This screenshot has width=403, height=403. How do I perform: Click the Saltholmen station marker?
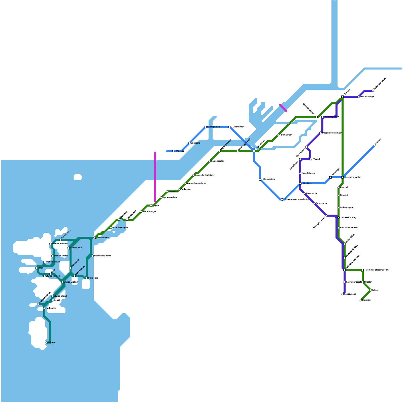pos(95,238)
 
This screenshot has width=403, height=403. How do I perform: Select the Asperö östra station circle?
pos(69,248)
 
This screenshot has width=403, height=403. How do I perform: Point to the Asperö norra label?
pos(66,234)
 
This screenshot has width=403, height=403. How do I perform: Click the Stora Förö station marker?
pos(87,278)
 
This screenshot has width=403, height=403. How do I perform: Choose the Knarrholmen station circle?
pos(75,276)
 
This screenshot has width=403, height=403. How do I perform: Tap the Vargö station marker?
pos(36,268)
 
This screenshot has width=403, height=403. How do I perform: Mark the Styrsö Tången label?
pos(53,276)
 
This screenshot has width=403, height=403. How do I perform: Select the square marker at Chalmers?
pos(300,183)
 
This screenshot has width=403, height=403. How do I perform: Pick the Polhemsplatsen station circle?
pos(322,117)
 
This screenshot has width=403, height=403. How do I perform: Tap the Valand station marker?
pos(310,159)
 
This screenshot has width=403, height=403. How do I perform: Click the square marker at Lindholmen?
pos(230,127)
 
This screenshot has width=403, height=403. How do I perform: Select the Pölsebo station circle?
pos(173,151)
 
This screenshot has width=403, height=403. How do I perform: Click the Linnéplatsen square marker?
pos(260,179)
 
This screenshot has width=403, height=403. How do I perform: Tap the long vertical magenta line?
pos(155,176)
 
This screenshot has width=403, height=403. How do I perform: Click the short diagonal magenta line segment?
pos(283,108)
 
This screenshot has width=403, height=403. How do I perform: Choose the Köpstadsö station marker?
pos(71,268)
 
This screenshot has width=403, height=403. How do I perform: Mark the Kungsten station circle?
pos(167,191)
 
